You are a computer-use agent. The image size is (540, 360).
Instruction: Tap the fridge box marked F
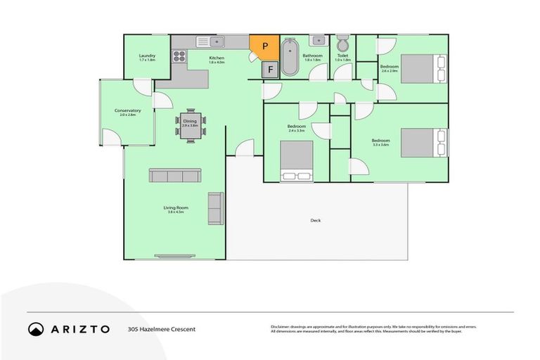pos(269,69)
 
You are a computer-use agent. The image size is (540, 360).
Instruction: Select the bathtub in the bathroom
pos(290,58)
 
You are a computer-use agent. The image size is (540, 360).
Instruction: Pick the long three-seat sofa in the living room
pos(176,176)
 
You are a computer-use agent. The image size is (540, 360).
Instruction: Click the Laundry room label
pos(147,56)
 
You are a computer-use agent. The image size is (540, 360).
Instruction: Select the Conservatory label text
pos(128,110)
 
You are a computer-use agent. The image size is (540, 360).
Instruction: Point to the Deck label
pos(316,221)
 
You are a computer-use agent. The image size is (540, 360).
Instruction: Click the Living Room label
pos(176,207)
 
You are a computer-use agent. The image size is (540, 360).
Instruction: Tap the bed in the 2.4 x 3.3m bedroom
pos(297,161)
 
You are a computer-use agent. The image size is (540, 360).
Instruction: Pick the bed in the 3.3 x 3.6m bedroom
pos(422,143)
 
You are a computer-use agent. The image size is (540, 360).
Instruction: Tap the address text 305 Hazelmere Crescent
pos(162,329)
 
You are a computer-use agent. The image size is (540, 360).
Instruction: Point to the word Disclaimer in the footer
pos(281,326)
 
